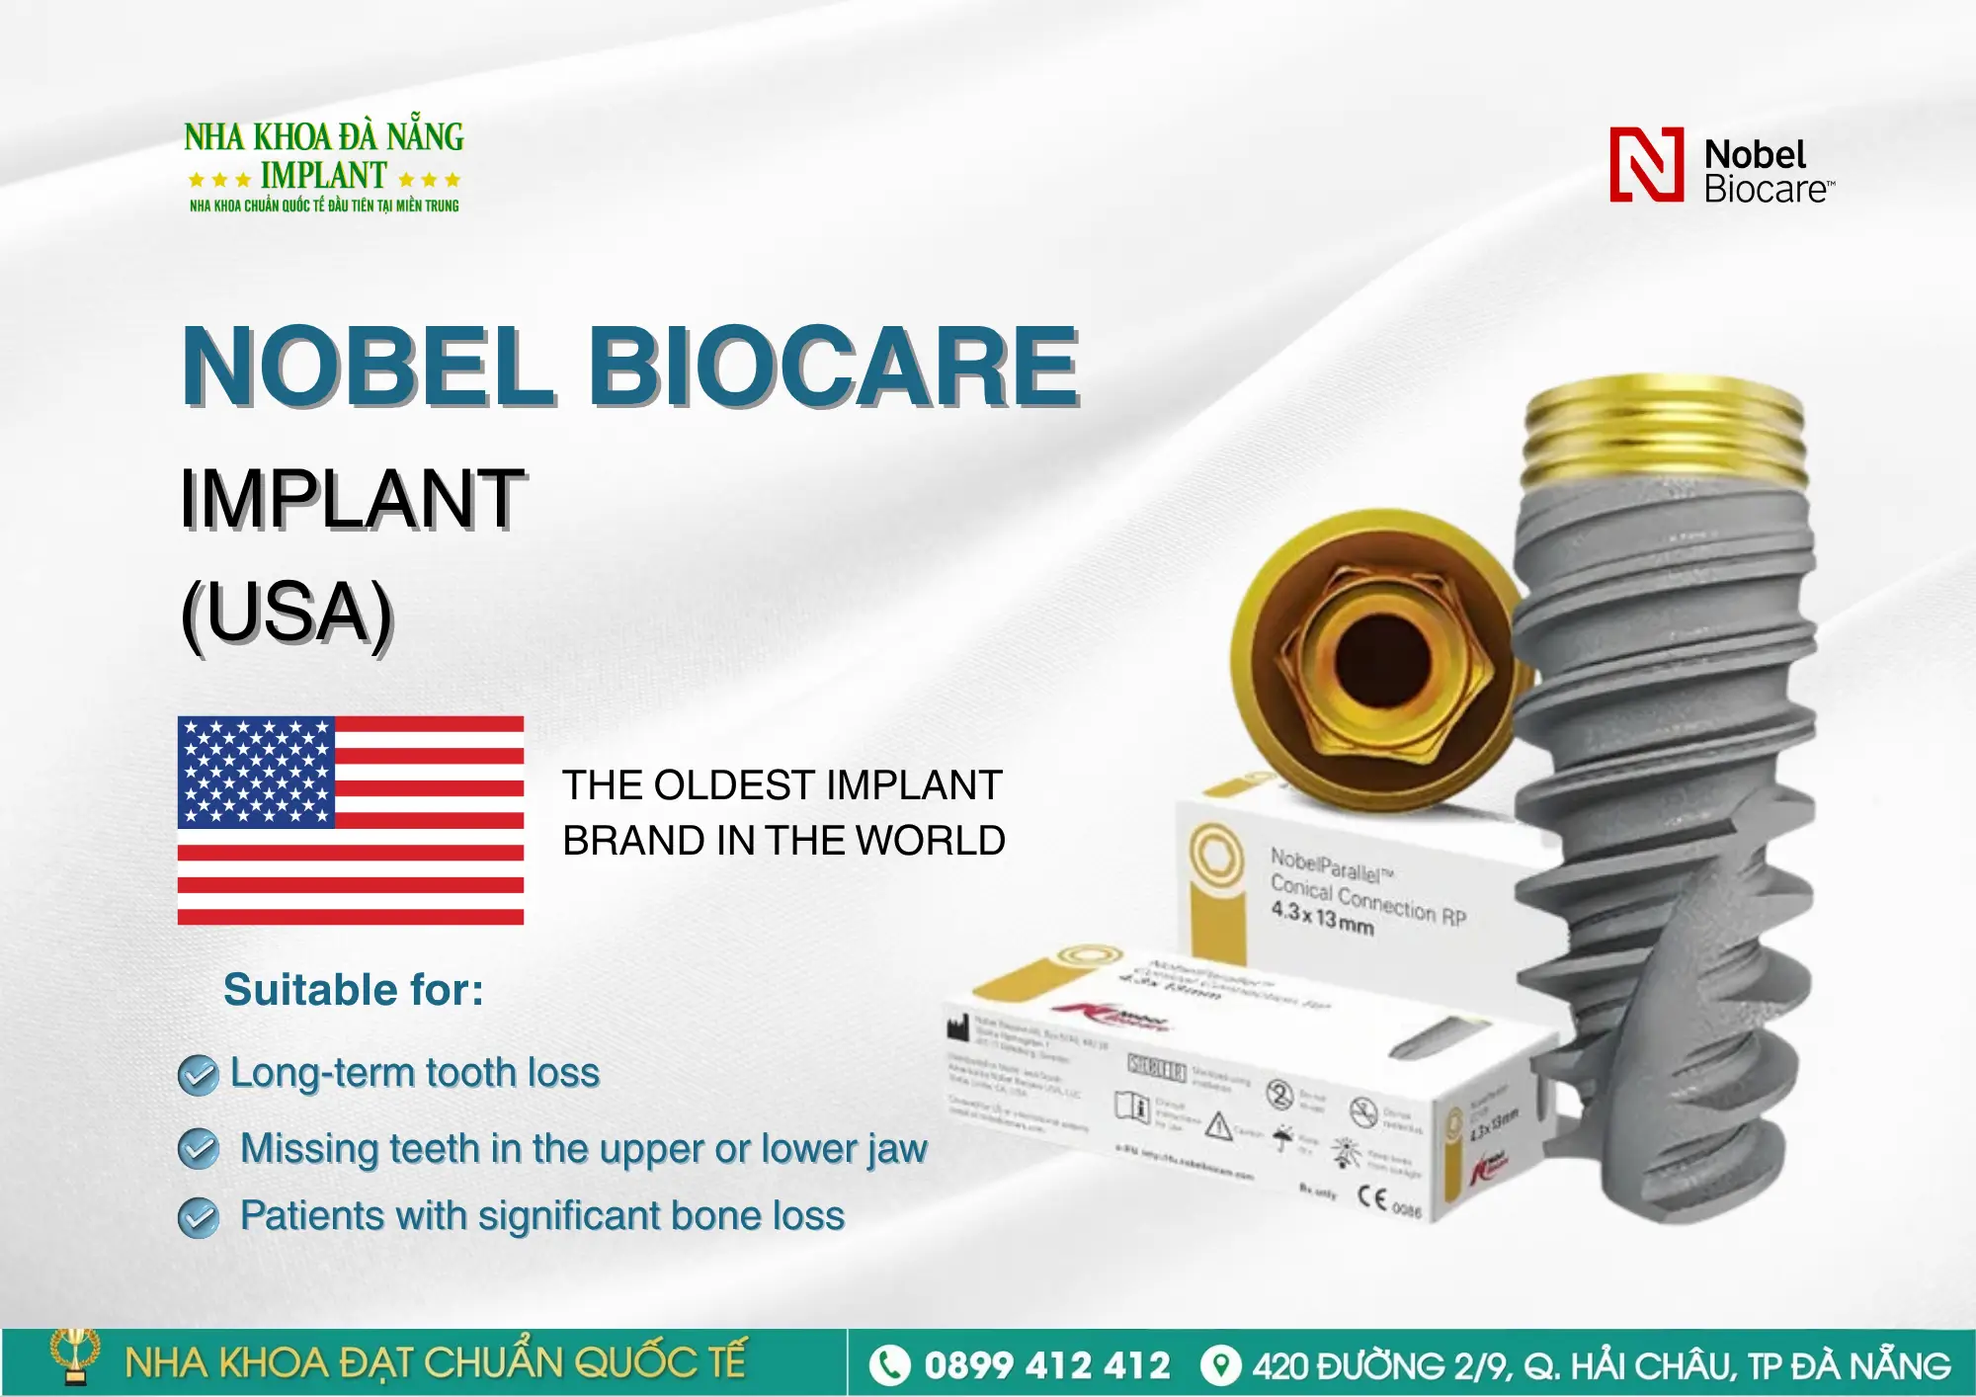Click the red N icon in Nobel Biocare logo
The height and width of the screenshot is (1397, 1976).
click(x=1646, y=165)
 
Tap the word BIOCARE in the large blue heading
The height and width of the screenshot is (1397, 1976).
click(x=833, y=367)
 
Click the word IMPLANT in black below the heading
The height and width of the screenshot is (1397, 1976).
click(x=352, y=499)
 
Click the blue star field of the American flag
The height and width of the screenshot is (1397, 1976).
click(x=256, y=772)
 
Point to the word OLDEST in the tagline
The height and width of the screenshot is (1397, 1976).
click(x=733, y=785)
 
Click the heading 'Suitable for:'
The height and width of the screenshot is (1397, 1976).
click(x=354, y=990)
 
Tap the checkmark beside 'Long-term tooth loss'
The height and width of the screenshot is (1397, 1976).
click(x=199, y=1075)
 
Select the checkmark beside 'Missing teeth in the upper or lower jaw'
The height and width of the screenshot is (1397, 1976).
click(x=199, y=1149)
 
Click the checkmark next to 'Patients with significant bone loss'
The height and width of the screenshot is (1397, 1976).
click(x=199, y=1217)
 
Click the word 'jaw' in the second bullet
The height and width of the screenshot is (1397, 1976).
click(x=897, y=1149)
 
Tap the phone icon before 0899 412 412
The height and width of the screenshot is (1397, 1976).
click(x=889, y=1365)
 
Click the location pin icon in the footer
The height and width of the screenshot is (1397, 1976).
click(x=1221, y=1365)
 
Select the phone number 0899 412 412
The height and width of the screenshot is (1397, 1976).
click(x=1047, y=1365)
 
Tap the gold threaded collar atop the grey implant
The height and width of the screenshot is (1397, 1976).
click(x=1666, y=435)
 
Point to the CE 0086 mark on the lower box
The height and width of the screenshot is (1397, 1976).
click(x=1389, y=1201)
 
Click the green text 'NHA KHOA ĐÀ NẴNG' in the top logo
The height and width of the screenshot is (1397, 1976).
click(x=324, y=136)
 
